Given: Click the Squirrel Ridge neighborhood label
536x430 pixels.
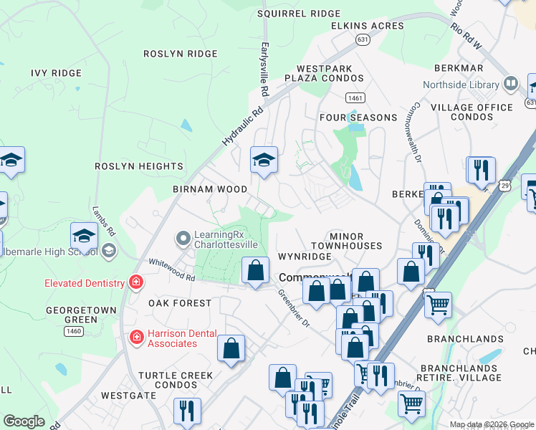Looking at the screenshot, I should tap(299, 14).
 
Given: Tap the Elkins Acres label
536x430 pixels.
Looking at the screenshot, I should tap(367, 26).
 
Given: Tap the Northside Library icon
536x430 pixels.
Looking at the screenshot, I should tap(511, 84).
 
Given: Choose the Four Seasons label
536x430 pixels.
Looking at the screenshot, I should tap(358, 118).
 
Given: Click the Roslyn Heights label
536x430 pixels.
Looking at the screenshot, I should tap(139, 166).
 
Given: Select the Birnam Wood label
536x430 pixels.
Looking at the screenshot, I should tap(209, 189).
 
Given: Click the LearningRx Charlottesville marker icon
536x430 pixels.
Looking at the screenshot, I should tap(183, 236).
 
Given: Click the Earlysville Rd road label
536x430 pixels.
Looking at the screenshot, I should tap(264, 69).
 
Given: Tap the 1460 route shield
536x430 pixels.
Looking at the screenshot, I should tap(73, 330).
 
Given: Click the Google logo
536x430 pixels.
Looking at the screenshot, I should tap(24, 421).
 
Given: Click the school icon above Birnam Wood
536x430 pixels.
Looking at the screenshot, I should tap(264, 160).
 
